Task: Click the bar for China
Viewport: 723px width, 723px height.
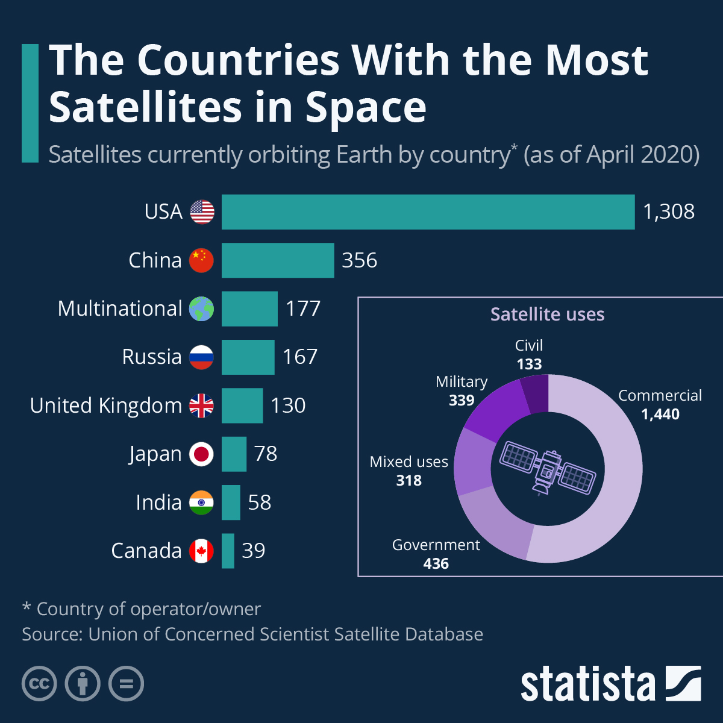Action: pyautogui.click(x=277, y=260)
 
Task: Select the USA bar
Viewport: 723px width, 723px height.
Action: pyautogui.click(x=428, y=212)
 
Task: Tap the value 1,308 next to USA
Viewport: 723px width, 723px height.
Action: pyautogui.click(x=669, y=212)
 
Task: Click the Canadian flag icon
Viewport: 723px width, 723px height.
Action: pyautogui.click(x=201, y=551)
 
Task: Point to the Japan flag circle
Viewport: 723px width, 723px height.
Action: pyautogui.click(x=201, y=454)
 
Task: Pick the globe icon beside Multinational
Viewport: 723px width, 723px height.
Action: pyautogui.click(x=201, y=308)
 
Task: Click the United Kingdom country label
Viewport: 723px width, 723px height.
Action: pyautogui.click(x=105, y=405)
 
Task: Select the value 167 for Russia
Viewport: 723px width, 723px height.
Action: pyautogui.click(x=300, y=357)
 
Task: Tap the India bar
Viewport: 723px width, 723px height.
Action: pyautogui.click(x=231, y=502)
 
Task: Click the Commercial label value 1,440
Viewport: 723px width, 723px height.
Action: pyautogui.click(x=660, y=414)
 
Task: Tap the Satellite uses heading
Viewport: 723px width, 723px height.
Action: pyautogui.click(x=547, y=314)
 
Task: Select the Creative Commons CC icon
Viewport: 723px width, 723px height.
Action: pyautogui.click(x=39, y=684)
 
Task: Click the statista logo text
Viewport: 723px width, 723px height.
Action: pyautogui.click(x=587, y=684)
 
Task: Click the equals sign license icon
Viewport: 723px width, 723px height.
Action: pyautogui.click(x=127, y=684)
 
